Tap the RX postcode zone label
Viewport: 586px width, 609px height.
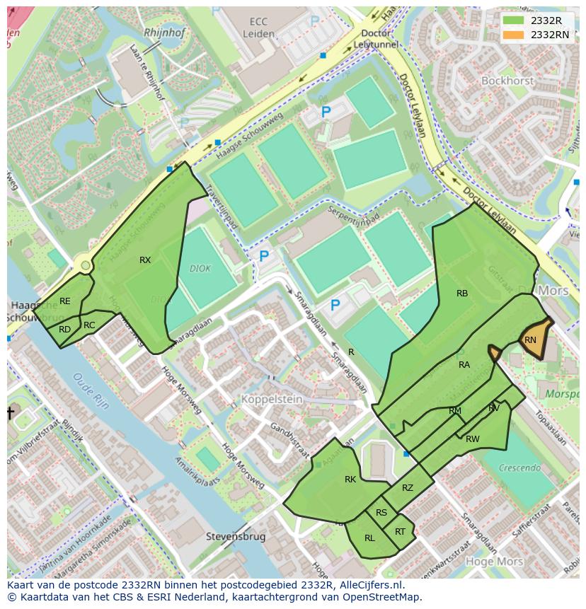coord(145,260)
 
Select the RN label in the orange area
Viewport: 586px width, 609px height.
coord(530,340)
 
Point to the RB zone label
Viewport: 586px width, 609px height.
coord(462,294)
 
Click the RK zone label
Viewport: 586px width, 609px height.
coord(350,480)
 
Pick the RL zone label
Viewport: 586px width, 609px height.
coord(369,538)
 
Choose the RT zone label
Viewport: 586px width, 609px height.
coord(401,532)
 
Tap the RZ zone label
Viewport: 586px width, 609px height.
coord(408,488)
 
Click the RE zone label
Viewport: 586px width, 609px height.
coord(65,301)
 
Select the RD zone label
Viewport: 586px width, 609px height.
coord(64,330)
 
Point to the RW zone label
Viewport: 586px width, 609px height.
coord(473,439)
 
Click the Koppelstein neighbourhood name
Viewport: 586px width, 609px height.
coord(272,400)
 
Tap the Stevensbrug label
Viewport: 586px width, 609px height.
coord(236,537)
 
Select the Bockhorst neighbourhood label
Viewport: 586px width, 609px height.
coord(507,81)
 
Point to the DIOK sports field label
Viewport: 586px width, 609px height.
coord(200,269)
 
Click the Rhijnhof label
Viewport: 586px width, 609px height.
coord(163,33)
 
